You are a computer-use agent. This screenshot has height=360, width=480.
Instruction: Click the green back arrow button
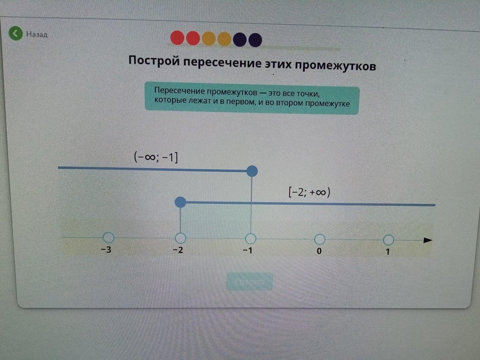(x=15, y=33)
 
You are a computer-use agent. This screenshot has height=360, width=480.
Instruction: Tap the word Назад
(x=37, y=34)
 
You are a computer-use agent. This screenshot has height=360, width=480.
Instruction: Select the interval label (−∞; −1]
(x=156, y=157)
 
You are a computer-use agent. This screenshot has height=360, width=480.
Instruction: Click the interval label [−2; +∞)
(x=309, y=192)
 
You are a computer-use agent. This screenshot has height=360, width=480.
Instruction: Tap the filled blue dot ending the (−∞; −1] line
(x=252, y=171)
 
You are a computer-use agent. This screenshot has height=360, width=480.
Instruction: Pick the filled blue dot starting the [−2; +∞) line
(x=181, y=202)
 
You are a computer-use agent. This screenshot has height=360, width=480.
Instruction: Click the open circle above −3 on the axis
(x=108, y=237)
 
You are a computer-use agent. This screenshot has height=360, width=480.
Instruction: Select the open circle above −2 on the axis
(x=181, y=238)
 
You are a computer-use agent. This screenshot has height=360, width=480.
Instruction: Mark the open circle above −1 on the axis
(x=251, y=239)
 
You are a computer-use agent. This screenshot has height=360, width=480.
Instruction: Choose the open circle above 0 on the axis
(x=320, y=239)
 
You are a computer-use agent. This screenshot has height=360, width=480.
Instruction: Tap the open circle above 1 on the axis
(x=389, y=240)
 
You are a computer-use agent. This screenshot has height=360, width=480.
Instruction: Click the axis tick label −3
(x=106, y=250)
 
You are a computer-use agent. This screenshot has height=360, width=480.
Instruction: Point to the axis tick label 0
(x=319, y=251)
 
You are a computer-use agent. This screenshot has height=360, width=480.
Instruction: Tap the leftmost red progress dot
(x=177, y=38)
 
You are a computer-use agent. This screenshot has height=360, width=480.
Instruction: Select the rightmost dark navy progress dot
(x=255, y=40)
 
